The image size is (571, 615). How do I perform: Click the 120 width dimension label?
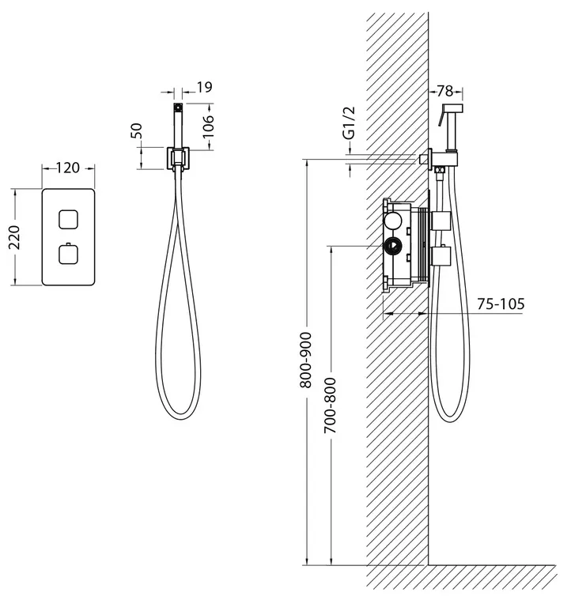pos(68,168)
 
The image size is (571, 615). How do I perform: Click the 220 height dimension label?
pos(14,237)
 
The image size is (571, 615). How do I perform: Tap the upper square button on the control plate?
pos(68,219)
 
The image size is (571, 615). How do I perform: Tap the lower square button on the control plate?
pos(68,254)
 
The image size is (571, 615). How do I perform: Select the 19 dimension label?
pos(204,87)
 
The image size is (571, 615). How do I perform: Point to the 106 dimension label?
pos(208,126)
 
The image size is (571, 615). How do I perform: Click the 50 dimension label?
pos(136,130)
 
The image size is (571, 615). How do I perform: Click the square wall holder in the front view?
pos(178,159)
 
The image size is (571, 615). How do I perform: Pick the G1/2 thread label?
pos(349,123)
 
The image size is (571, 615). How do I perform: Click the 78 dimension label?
pos(445,92)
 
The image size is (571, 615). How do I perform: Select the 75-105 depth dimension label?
pos(501,304)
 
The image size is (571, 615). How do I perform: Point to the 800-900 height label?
pos(306,360)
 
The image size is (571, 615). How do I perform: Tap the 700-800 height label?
pos(330,406)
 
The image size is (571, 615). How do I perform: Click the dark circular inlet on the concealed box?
pos(392,247)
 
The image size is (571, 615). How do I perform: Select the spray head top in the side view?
pos(453,108)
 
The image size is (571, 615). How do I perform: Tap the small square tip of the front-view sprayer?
pos(178,106)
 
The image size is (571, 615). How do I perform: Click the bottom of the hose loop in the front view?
pos(179,418)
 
